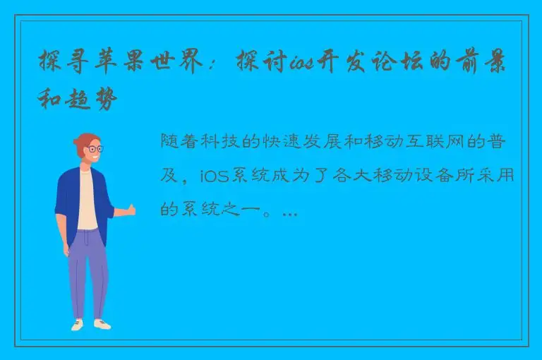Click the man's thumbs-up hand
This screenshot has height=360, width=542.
click(x=129, y=210)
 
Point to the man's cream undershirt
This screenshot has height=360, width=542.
click(x=88, y=201)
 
